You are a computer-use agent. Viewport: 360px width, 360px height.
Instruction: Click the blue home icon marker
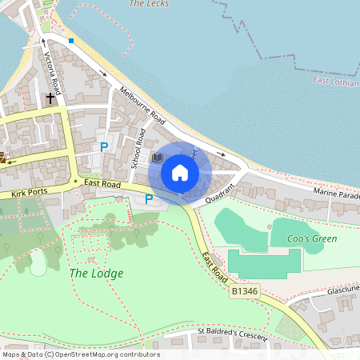pos(180,173)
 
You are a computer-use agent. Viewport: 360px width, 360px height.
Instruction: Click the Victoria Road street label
pos(54,70)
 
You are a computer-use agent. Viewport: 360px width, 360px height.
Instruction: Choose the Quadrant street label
pos(219,194)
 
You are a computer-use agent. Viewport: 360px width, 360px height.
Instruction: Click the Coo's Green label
pos(314,238)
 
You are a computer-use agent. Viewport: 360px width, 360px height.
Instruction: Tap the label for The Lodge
pos(96,273)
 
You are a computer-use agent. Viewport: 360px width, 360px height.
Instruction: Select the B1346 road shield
pos(244,293)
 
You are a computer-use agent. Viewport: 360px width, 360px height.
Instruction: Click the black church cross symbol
pos(51,98)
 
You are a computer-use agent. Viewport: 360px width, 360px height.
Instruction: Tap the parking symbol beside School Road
pos(103,146)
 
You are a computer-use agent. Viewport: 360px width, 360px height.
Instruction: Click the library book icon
pos(157,158)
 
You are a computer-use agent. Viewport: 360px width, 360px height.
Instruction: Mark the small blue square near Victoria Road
pos(71,40)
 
